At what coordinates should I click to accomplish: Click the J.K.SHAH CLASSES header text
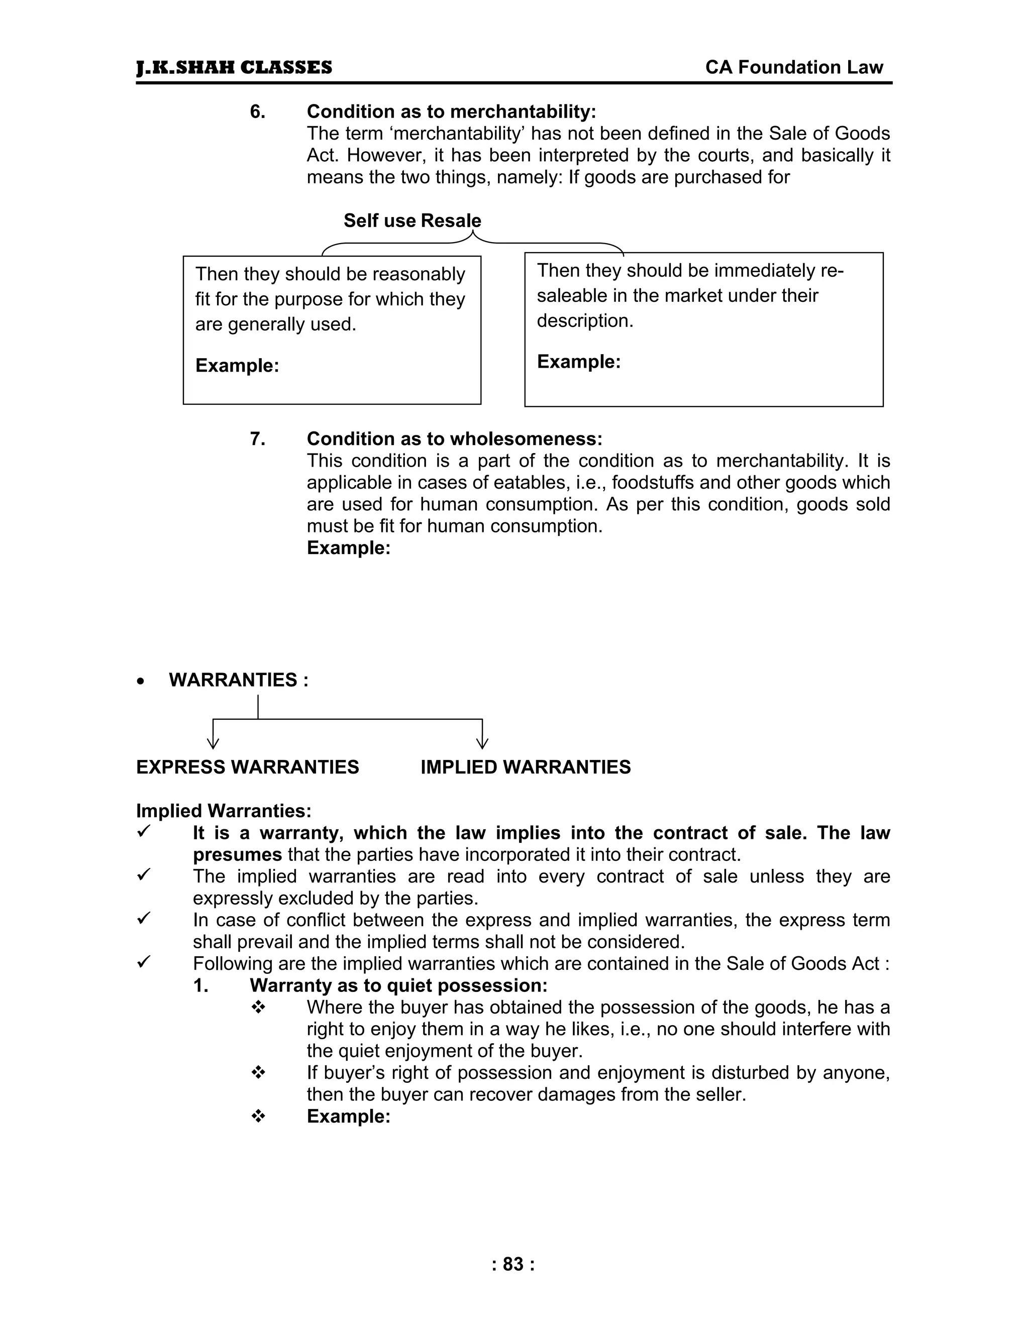(234, 68)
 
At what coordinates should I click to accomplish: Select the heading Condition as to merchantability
(451, 112)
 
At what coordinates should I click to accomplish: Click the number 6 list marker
(257, 112)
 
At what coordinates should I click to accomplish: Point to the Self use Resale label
(412, 220)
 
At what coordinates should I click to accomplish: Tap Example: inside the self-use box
(237, 366)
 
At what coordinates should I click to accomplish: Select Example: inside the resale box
(578, 362)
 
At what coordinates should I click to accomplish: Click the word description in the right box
(585, 321)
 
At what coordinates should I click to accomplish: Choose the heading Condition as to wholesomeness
(454, 439)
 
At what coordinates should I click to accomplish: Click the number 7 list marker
(257, 439)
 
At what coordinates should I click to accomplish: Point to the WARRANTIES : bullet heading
(238, 680)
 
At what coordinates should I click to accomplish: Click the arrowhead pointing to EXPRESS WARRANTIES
(213, 743)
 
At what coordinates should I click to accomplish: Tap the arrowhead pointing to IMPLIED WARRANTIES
(482, 743)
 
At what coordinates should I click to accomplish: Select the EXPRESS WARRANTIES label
(248, 767)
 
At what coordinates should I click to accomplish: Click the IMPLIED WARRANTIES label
(526, 767)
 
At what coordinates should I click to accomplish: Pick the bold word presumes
(237, 855)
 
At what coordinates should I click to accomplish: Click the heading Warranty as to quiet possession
(398, 985)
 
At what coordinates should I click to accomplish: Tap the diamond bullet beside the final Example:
(258, 1117)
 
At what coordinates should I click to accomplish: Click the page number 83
(513, 1265)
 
